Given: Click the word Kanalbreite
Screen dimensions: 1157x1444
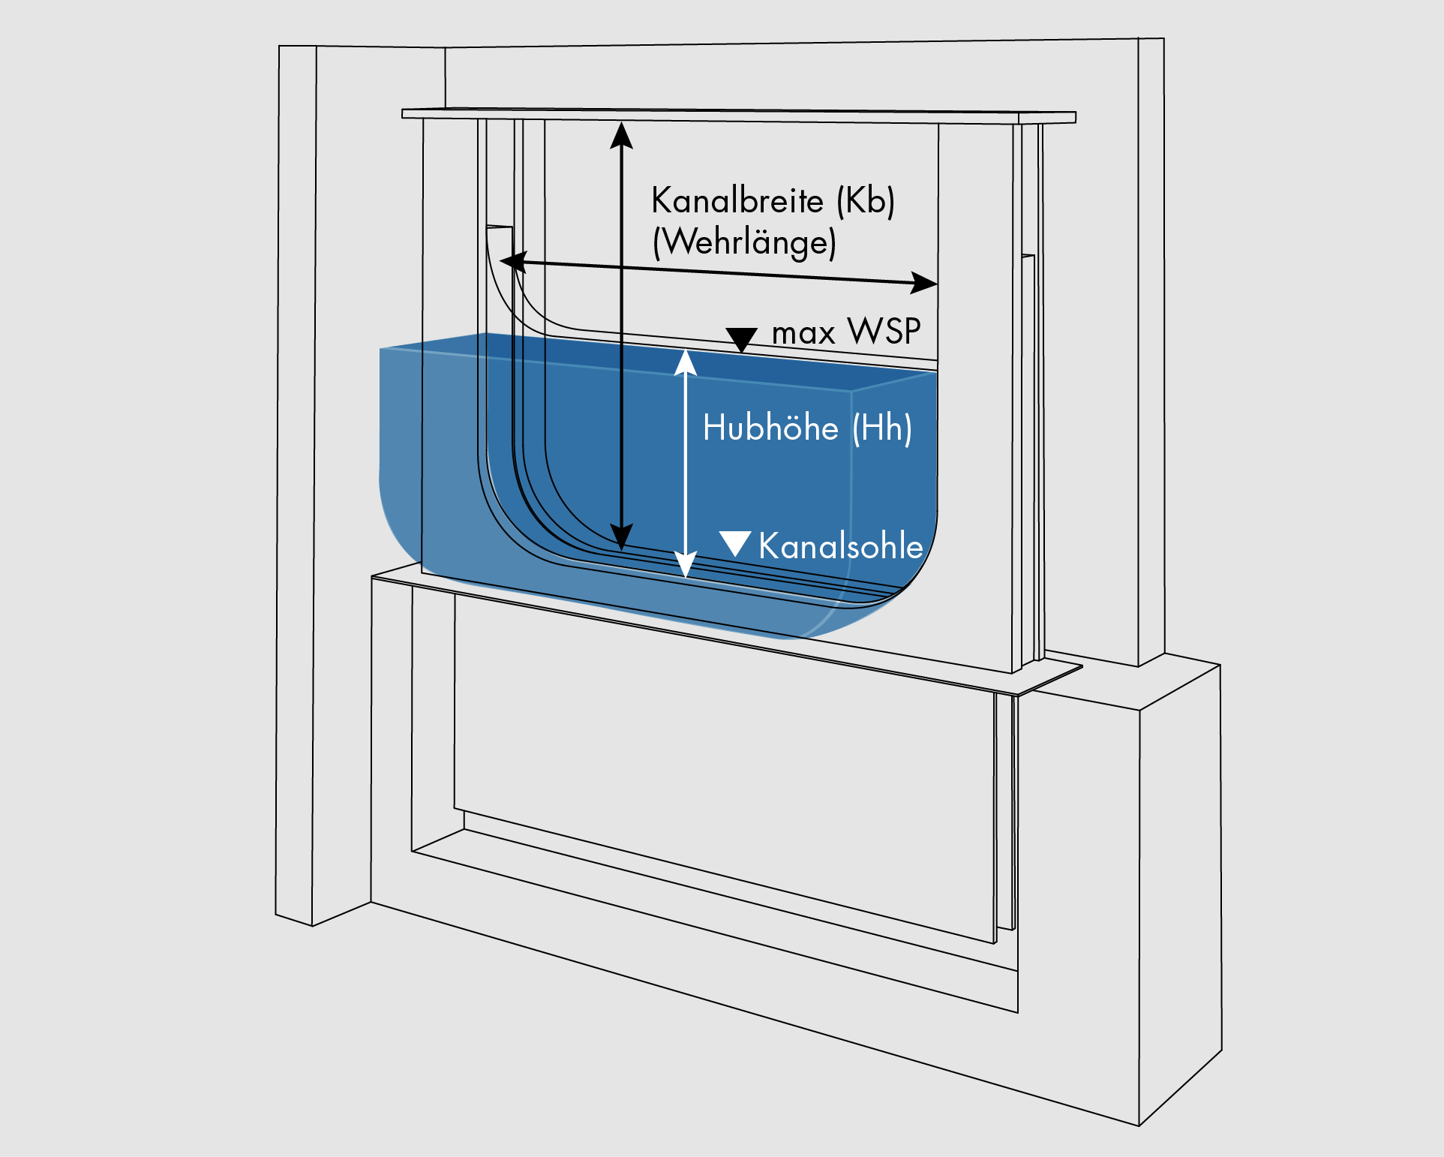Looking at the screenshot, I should [737, 201].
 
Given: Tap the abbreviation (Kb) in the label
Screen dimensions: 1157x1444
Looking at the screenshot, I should [866, 201].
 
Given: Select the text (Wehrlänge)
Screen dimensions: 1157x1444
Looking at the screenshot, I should [744, 242].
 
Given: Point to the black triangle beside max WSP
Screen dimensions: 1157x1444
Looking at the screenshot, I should [741, 338].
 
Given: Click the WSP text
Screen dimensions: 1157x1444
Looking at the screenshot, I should [884, 332].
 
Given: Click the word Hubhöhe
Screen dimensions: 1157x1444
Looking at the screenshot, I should [770, 428].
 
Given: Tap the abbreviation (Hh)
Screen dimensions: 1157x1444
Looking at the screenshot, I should [882, 428].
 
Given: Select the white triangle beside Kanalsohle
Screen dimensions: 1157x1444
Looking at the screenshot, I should [735, 542].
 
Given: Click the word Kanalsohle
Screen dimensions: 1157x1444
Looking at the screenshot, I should [840, 546].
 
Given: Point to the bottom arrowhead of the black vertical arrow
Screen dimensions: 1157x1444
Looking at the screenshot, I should [621, 537].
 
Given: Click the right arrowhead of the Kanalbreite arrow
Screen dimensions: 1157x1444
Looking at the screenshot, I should [925, 283].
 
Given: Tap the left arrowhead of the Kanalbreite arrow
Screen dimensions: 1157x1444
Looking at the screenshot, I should [512, 262].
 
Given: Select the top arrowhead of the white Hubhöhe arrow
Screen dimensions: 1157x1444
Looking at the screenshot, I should [686, 362].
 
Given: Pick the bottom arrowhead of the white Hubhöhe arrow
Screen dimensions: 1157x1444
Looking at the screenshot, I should [686, 564].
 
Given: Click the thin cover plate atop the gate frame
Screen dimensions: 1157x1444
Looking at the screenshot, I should [739, 115].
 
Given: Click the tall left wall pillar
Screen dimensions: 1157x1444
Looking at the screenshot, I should [296, 480].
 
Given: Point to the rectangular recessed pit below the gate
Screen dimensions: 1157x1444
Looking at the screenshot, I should [720, 750].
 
